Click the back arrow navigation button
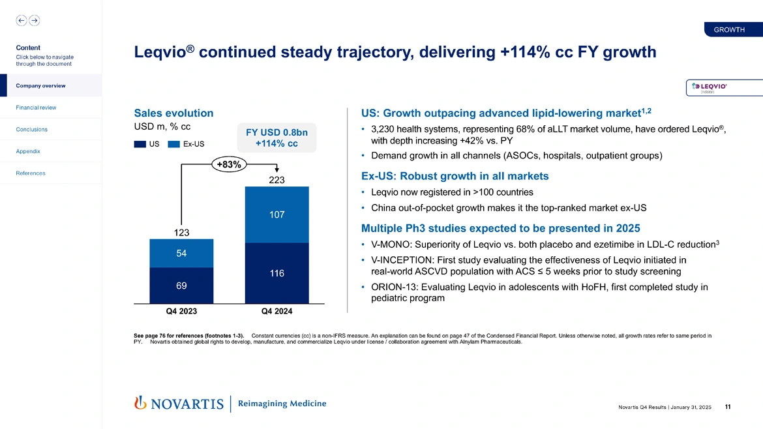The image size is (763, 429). coord(22,20)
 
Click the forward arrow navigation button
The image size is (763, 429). coord(35,20)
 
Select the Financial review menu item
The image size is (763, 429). coord(36,108)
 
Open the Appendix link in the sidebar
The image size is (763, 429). coord(28,151)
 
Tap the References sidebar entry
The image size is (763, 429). coord(30,173)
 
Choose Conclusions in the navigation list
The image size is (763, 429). coord(31,129)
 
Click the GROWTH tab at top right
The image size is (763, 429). coord(729,30)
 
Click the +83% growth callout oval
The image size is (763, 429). coord(228,165)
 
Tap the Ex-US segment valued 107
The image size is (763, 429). coord(277,214)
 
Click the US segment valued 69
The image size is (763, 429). coord(181,286)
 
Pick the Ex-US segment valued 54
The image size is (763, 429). coord(181,253)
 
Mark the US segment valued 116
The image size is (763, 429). coord(277,273)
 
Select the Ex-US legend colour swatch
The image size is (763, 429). coord(174,144)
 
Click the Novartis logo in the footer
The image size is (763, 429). coord(179,404)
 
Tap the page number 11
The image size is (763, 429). coord(727,407)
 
